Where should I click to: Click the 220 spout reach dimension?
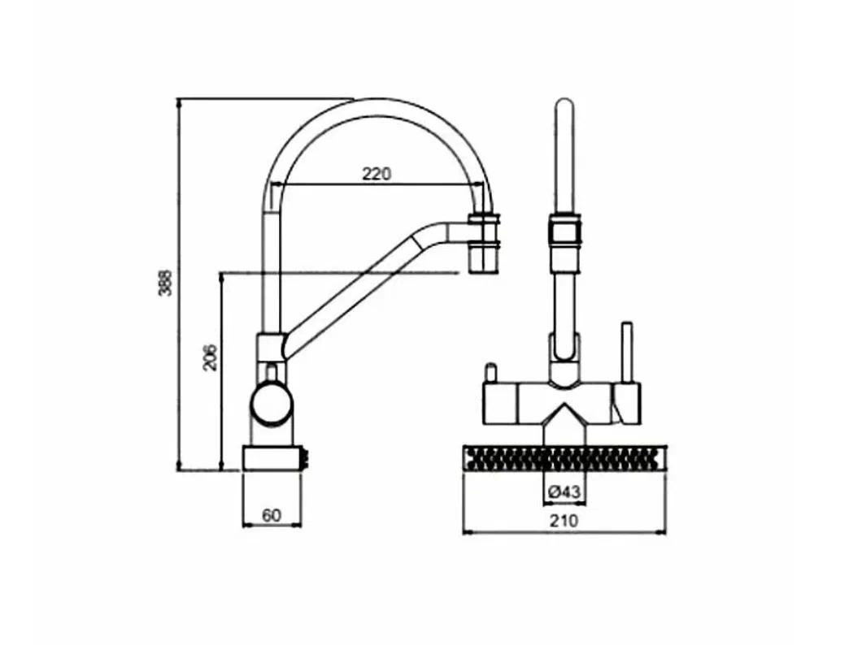tap(377, 174)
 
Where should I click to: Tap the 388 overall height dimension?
tap(165, 283)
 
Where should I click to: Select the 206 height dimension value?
tap(210, 358)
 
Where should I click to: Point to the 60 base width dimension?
tap(271, 516)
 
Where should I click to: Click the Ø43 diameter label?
tap(564, 491)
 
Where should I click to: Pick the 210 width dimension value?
tap(564, 520)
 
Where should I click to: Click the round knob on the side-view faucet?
tap(272, 405)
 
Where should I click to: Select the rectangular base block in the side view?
tap(272, 458)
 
